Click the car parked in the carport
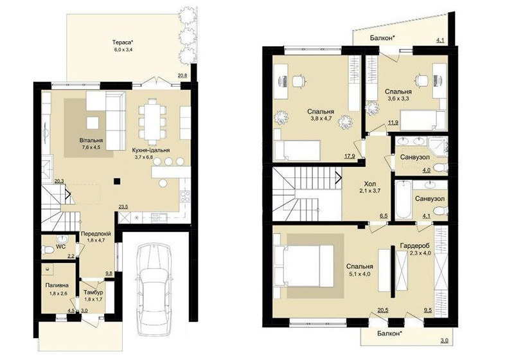pos(154,290)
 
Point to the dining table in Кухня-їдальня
pos(152,122)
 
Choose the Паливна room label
pos(57,285)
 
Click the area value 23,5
pos(123,207)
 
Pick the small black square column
pos(117,181)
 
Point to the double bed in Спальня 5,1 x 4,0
pos(304,266)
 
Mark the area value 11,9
pos(393,123)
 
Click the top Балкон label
pos(382,38)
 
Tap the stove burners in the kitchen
pos(185,196)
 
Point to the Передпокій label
pos(96,234)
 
